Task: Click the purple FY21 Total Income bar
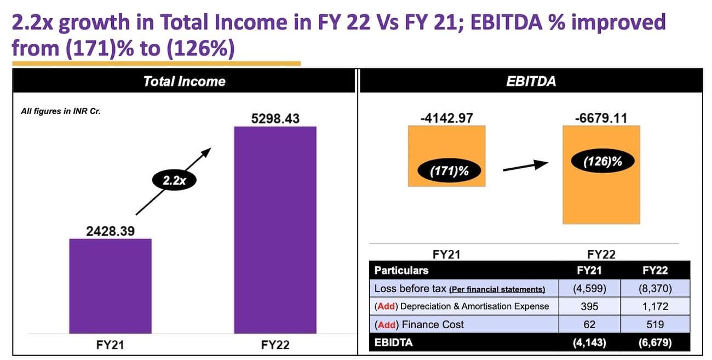click(110, 285)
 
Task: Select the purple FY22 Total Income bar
click(275, 230)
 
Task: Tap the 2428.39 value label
click(111, 231)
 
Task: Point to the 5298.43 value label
click(275, 118)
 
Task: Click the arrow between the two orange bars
click(525, 167)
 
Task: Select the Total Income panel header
click(184, 82)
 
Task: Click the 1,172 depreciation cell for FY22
click(656, 306)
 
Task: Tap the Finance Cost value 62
click(589, 324)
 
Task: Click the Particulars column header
click(401, 270)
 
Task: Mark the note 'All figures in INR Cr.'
click(60, 111)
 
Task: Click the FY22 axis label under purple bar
click(275, 345)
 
